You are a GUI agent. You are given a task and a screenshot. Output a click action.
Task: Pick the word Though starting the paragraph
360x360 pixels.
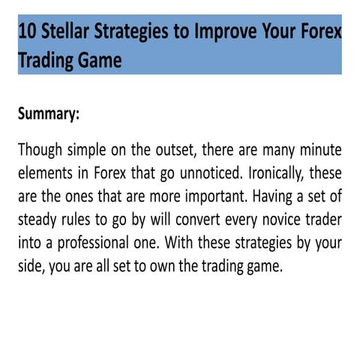coord(41,148)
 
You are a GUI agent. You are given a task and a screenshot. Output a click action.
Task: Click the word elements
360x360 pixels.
coord(48,172)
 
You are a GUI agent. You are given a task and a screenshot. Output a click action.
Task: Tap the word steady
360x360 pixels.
coord(40,220)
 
